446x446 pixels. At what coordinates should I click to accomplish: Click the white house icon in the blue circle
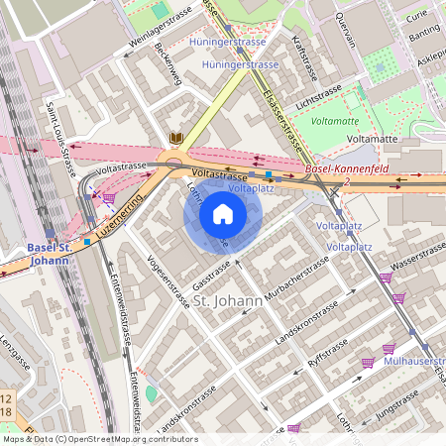[223, 213]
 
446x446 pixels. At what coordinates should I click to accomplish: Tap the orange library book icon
[176, 138]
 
